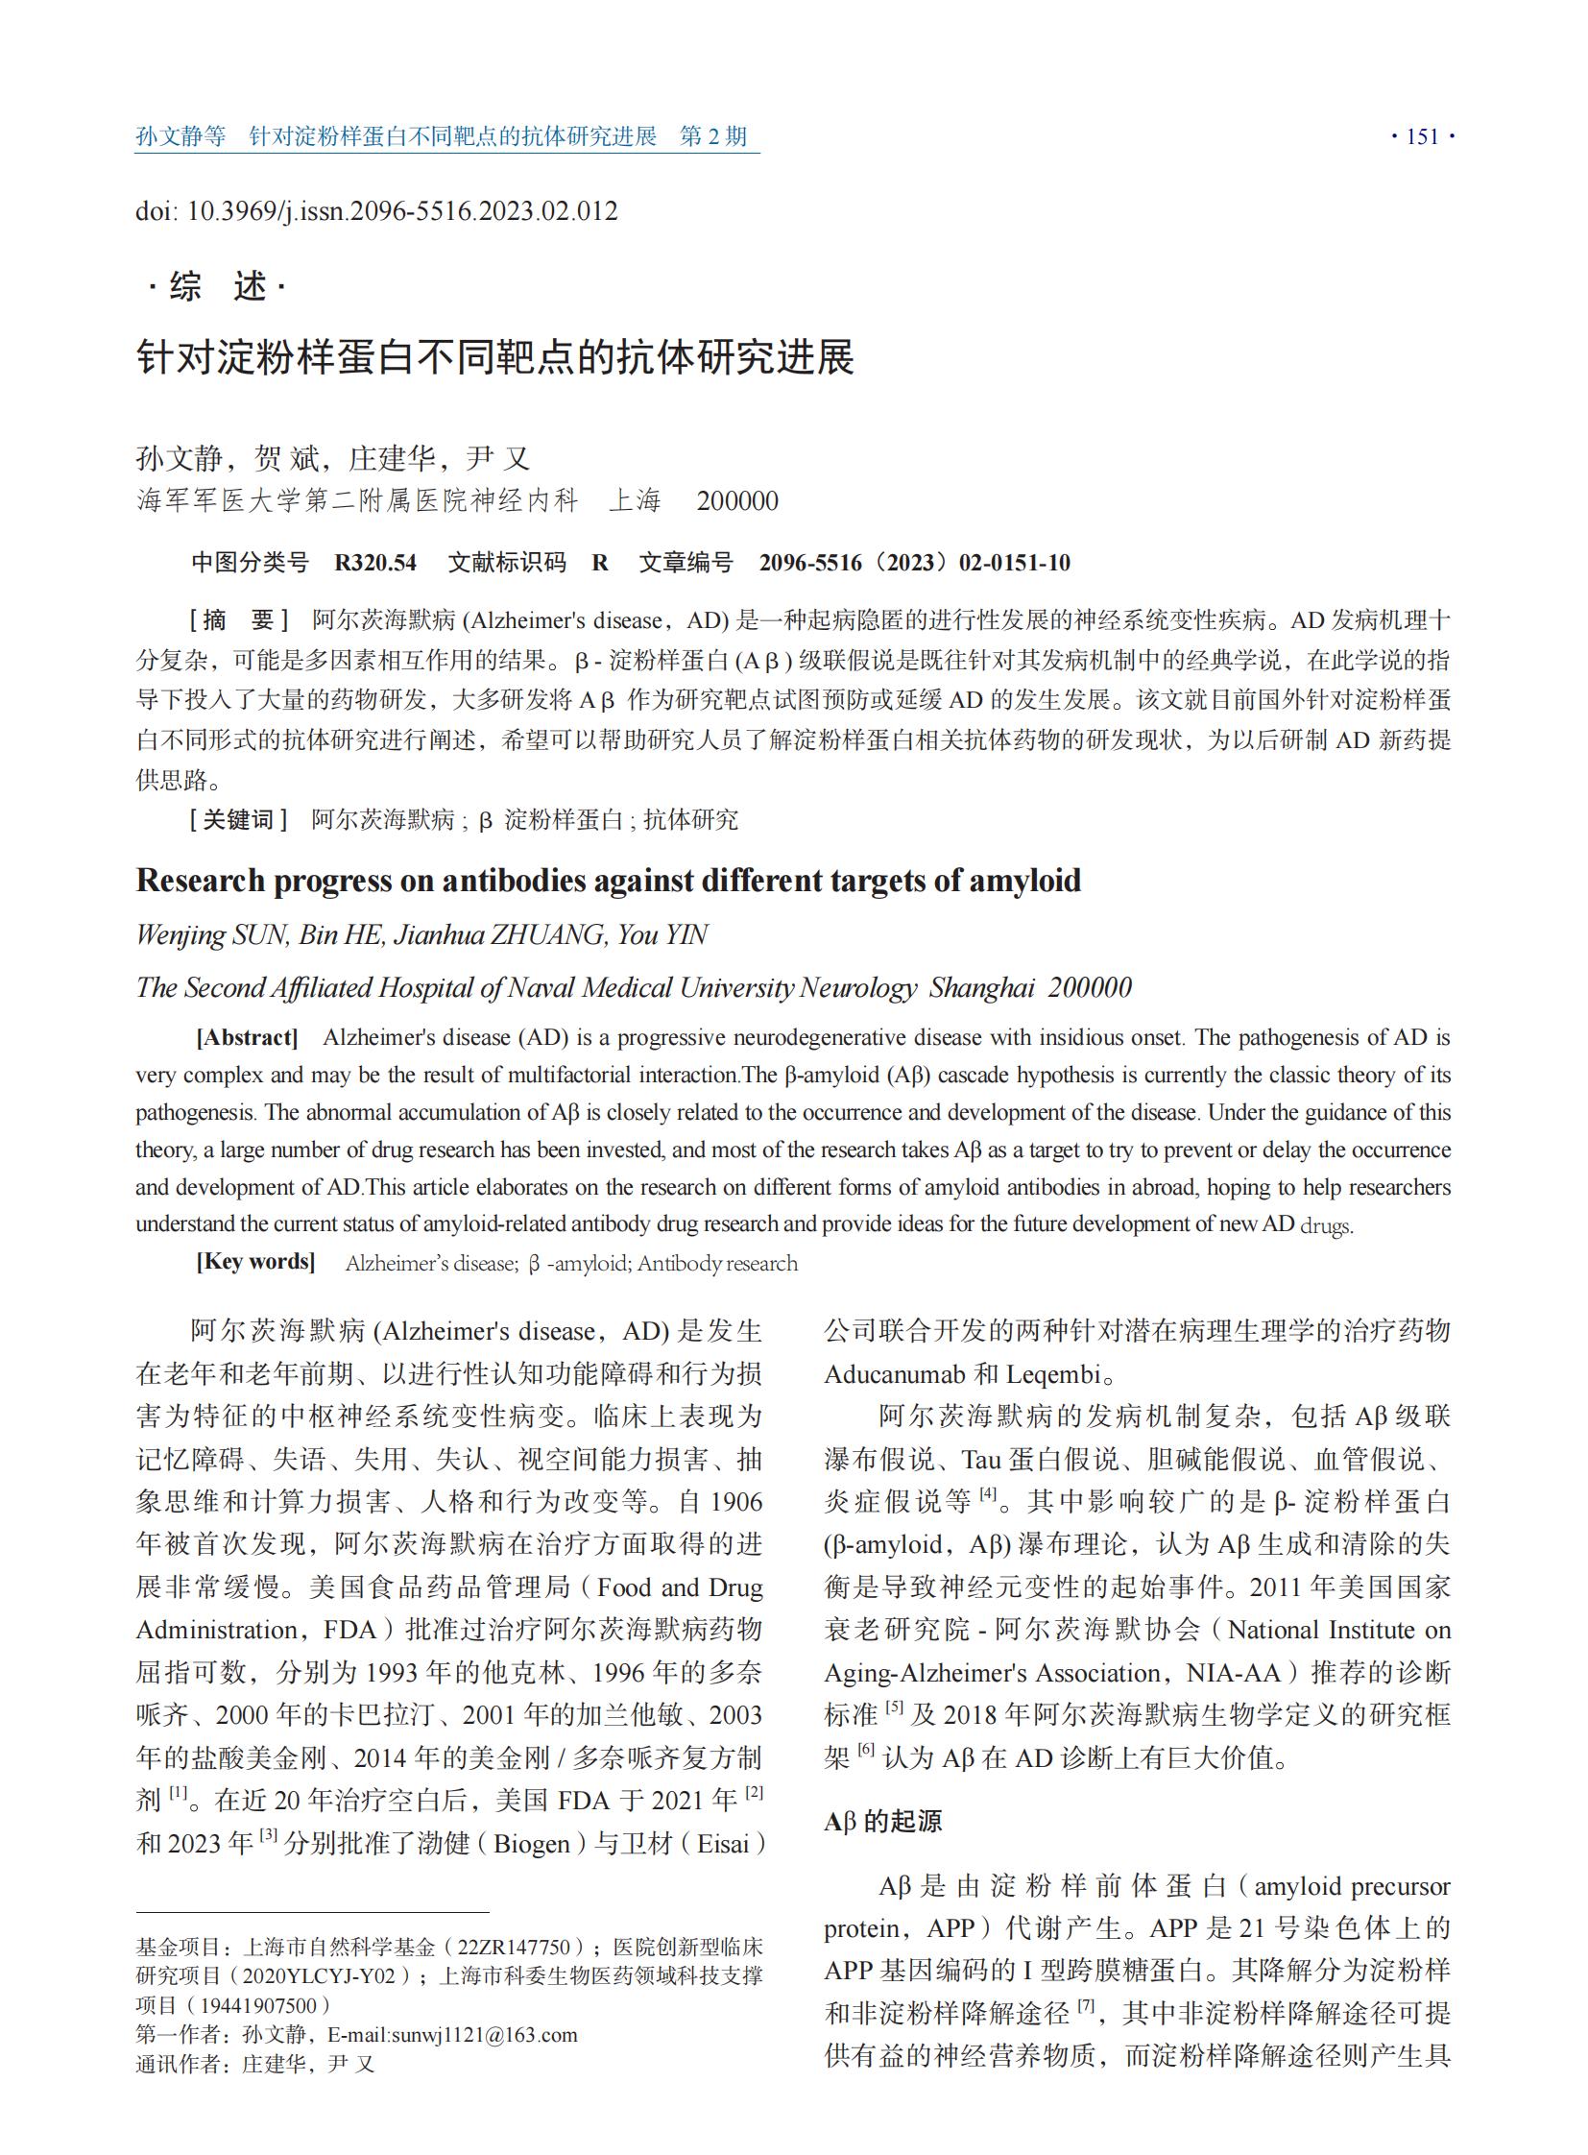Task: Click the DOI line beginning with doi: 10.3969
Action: coord(375,210)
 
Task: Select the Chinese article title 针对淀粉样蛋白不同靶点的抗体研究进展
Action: coord(495,357)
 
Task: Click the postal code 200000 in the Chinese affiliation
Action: coord(737,501)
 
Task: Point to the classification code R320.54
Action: coord(374,563)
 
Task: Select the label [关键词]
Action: coord(238,819)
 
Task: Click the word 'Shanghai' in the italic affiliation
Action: coord(981,987)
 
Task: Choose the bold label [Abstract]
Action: coord(247,1037)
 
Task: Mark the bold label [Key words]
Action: coord(255,1262)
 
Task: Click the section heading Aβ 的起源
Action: coord(882,1821)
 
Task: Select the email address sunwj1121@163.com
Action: coord(453,2035)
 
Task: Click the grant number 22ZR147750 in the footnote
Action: coord(514,1948)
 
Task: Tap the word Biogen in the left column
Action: coord(540,1844)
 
